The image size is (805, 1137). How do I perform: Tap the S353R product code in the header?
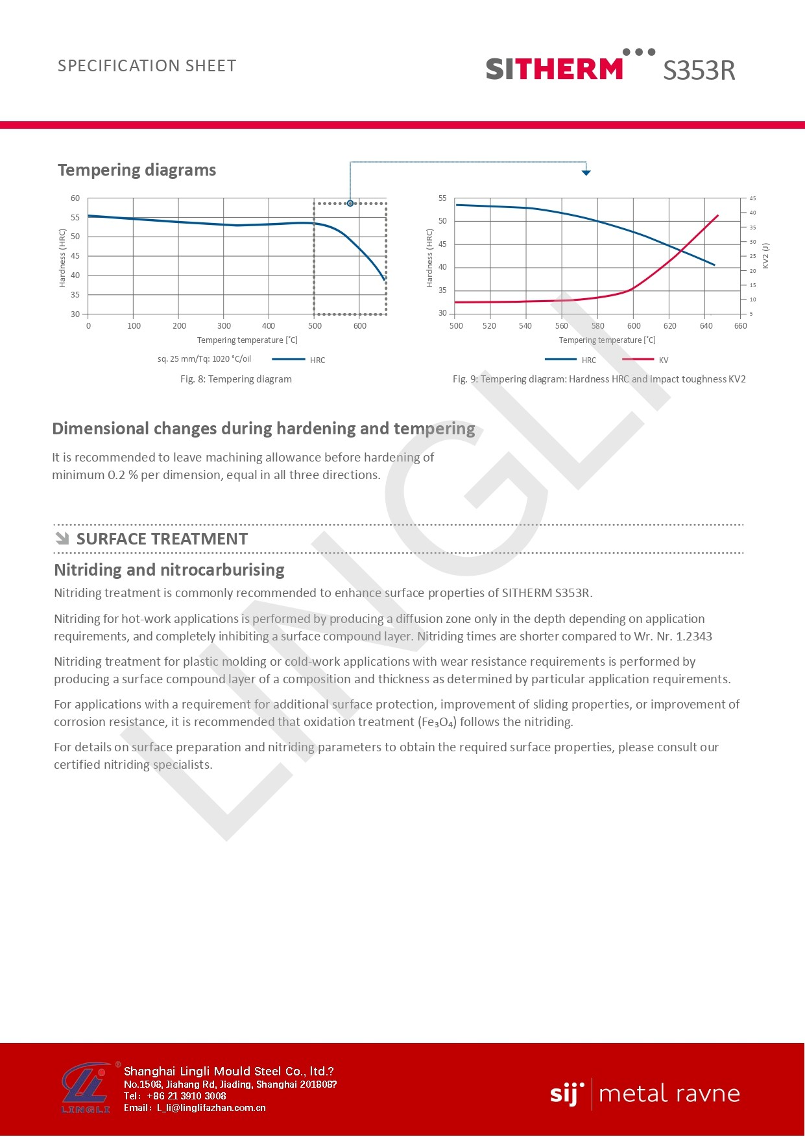click(699, 70)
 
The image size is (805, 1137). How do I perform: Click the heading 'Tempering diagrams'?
click(137, 170)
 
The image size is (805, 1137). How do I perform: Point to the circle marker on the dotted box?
click(350, 204)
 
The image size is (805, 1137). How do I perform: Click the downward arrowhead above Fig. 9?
click(586, 172)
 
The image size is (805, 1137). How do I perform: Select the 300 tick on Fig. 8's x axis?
click(224, 326)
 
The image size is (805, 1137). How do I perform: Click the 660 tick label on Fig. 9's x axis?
click(740, 326)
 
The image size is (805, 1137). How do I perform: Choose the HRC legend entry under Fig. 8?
click(299, 360)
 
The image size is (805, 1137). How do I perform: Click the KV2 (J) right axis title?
click(765, 256)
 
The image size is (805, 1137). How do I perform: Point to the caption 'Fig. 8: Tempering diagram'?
click(236, 379)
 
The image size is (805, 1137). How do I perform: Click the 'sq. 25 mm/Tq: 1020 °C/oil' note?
click(204, 359)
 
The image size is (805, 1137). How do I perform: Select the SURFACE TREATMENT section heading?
click(162, 539)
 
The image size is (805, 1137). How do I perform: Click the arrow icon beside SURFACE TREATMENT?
click(62, 539)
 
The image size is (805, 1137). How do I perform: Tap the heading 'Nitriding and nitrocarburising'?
click(169, 570)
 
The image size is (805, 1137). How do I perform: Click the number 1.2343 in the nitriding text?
click(693, 637)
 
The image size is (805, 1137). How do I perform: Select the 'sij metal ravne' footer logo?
click(645, 1094)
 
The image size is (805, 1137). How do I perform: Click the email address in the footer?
click(211, 1108)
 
